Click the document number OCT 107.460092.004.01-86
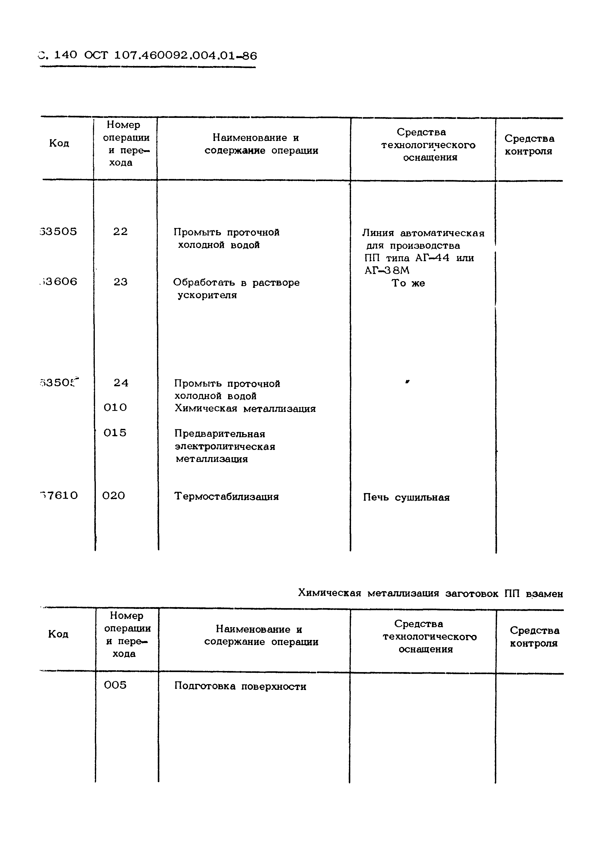pos(171,56)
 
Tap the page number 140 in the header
pos(66,55)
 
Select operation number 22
pos(120,232)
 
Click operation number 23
pos(120,282)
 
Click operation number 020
pos(114,496)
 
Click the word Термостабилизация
pos(226,497)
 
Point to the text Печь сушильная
pos(406,497)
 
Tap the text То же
pos(408,283)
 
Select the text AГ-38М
pos(387,270)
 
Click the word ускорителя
pos(207,295)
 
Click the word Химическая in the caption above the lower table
pos(329,593)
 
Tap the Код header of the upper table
pos(59,144)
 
